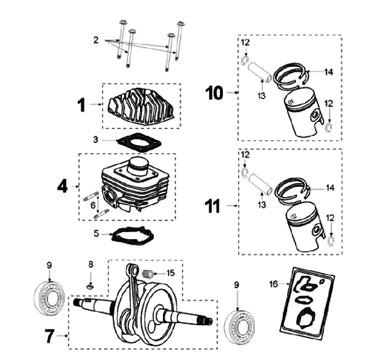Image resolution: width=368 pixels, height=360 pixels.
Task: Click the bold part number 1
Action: (81, 105)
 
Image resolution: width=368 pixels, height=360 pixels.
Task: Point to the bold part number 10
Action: (215, 92)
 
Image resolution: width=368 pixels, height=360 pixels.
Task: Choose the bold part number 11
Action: (213, 206)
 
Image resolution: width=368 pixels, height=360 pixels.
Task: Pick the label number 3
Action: (96, 138)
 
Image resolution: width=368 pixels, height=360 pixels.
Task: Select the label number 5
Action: (96, 234)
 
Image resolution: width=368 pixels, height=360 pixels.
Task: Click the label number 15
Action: (170, 273)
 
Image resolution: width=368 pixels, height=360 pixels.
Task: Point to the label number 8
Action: (91, 264)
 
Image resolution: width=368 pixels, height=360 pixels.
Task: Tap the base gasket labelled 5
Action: (133, 236)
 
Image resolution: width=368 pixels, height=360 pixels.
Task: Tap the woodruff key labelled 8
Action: (90, 286)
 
